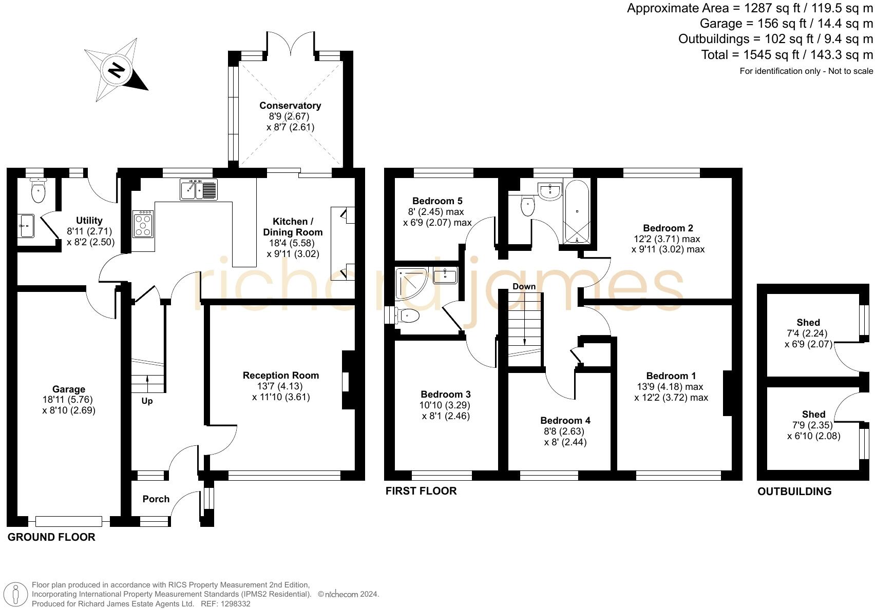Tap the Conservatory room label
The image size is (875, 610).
point(290,106)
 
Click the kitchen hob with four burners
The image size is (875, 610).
point(143,224)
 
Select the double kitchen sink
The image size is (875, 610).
point(199,189)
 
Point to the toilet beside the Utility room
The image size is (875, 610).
point(37,192)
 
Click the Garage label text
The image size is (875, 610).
point(69,389)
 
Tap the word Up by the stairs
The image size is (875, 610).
point(147,401)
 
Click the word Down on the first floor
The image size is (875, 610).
point(524,286)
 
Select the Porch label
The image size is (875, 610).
point(156,499)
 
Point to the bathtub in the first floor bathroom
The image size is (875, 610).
point(577,211)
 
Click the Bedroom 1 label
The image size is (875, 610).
point(671,376)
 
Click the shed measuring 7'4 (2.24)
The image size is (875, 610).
point(808,333)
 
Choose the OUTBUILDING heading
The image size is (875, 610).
point(794,491)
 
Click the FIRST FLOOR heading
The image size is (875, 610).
point(421,491)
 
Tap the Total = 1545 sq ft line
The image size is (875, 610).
point(787,54)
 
